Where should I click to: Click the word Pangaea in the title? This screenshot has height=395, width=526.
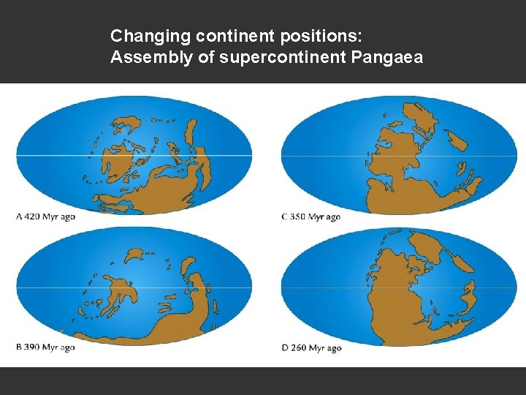(390, 58)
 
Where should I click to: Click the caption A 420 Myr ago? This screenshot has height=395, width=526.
(45, 217)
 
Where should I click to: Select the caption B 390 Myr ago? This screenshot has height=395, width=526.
(45, 347)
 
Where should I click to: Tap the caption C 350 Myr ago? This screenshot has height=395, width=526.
(311, 217)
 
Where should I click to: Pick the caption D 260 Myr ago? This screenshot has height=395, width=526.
(311, 348)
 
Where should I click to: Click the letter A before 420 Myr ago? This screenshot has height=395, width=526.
(18, 217)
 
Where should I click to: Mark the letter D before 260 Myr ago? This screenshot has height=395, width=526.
(285, 348)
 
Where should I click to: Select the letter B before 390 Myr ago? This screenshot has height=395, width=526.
(18, 347)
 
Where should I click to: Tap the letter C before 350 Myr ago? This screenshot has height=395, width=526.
(284, 217)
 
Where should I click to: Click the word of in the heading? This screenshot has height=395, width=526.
(206, 58)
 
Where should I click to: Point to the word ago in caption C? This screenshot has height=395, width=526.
(332, 217)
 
